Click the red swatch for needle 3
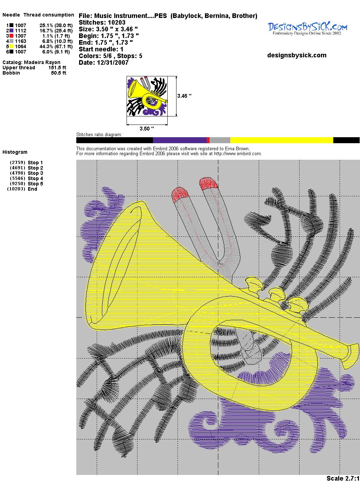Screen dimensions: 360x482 11,36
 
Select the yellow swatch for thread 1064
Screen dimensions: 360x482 11,46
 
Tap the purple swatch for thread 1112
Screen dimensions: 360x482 11,31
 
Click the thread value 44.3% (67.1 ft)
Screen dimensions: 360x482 56,46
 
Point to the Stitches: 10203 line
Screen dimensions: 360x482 102,23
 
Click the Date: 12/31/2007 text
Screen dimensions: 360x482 104,63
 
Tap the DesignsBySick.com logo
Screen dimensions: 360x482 307,29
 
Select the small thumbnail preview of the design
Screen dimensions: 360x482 147,96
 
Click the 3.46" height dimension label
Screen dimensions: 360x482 184,96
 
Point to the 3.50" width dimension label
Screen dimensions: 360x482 147,128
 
